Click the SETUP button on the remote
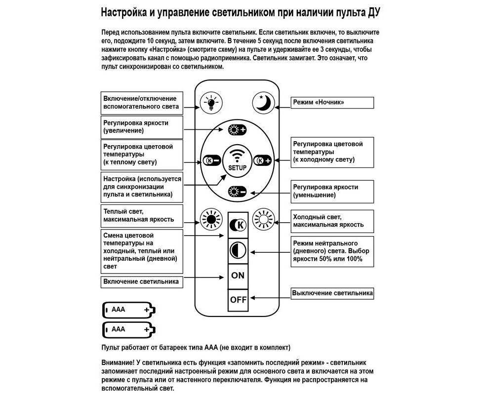[x=238, y=160]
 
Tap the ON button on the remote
[x=238, y=276]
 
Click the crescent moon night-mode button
[x=262, y=103]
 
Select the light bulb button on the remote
[x=211, y=103]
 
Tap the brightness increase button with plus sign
[x=237, y=131]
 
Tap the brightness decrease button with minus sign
[x=237, y=192]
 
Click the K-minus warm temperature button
[x=211, y=161]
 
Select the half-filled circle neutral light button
[x=238, y=250]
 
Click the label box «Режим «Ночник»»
[x=332, y=102]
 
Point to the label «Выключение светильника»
[x=332, y=293]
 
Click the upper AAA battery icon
[x=129, y=310]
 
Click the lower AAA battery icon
[x=129, y=329]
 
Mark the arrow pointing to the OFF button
[x=269, y=299]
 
